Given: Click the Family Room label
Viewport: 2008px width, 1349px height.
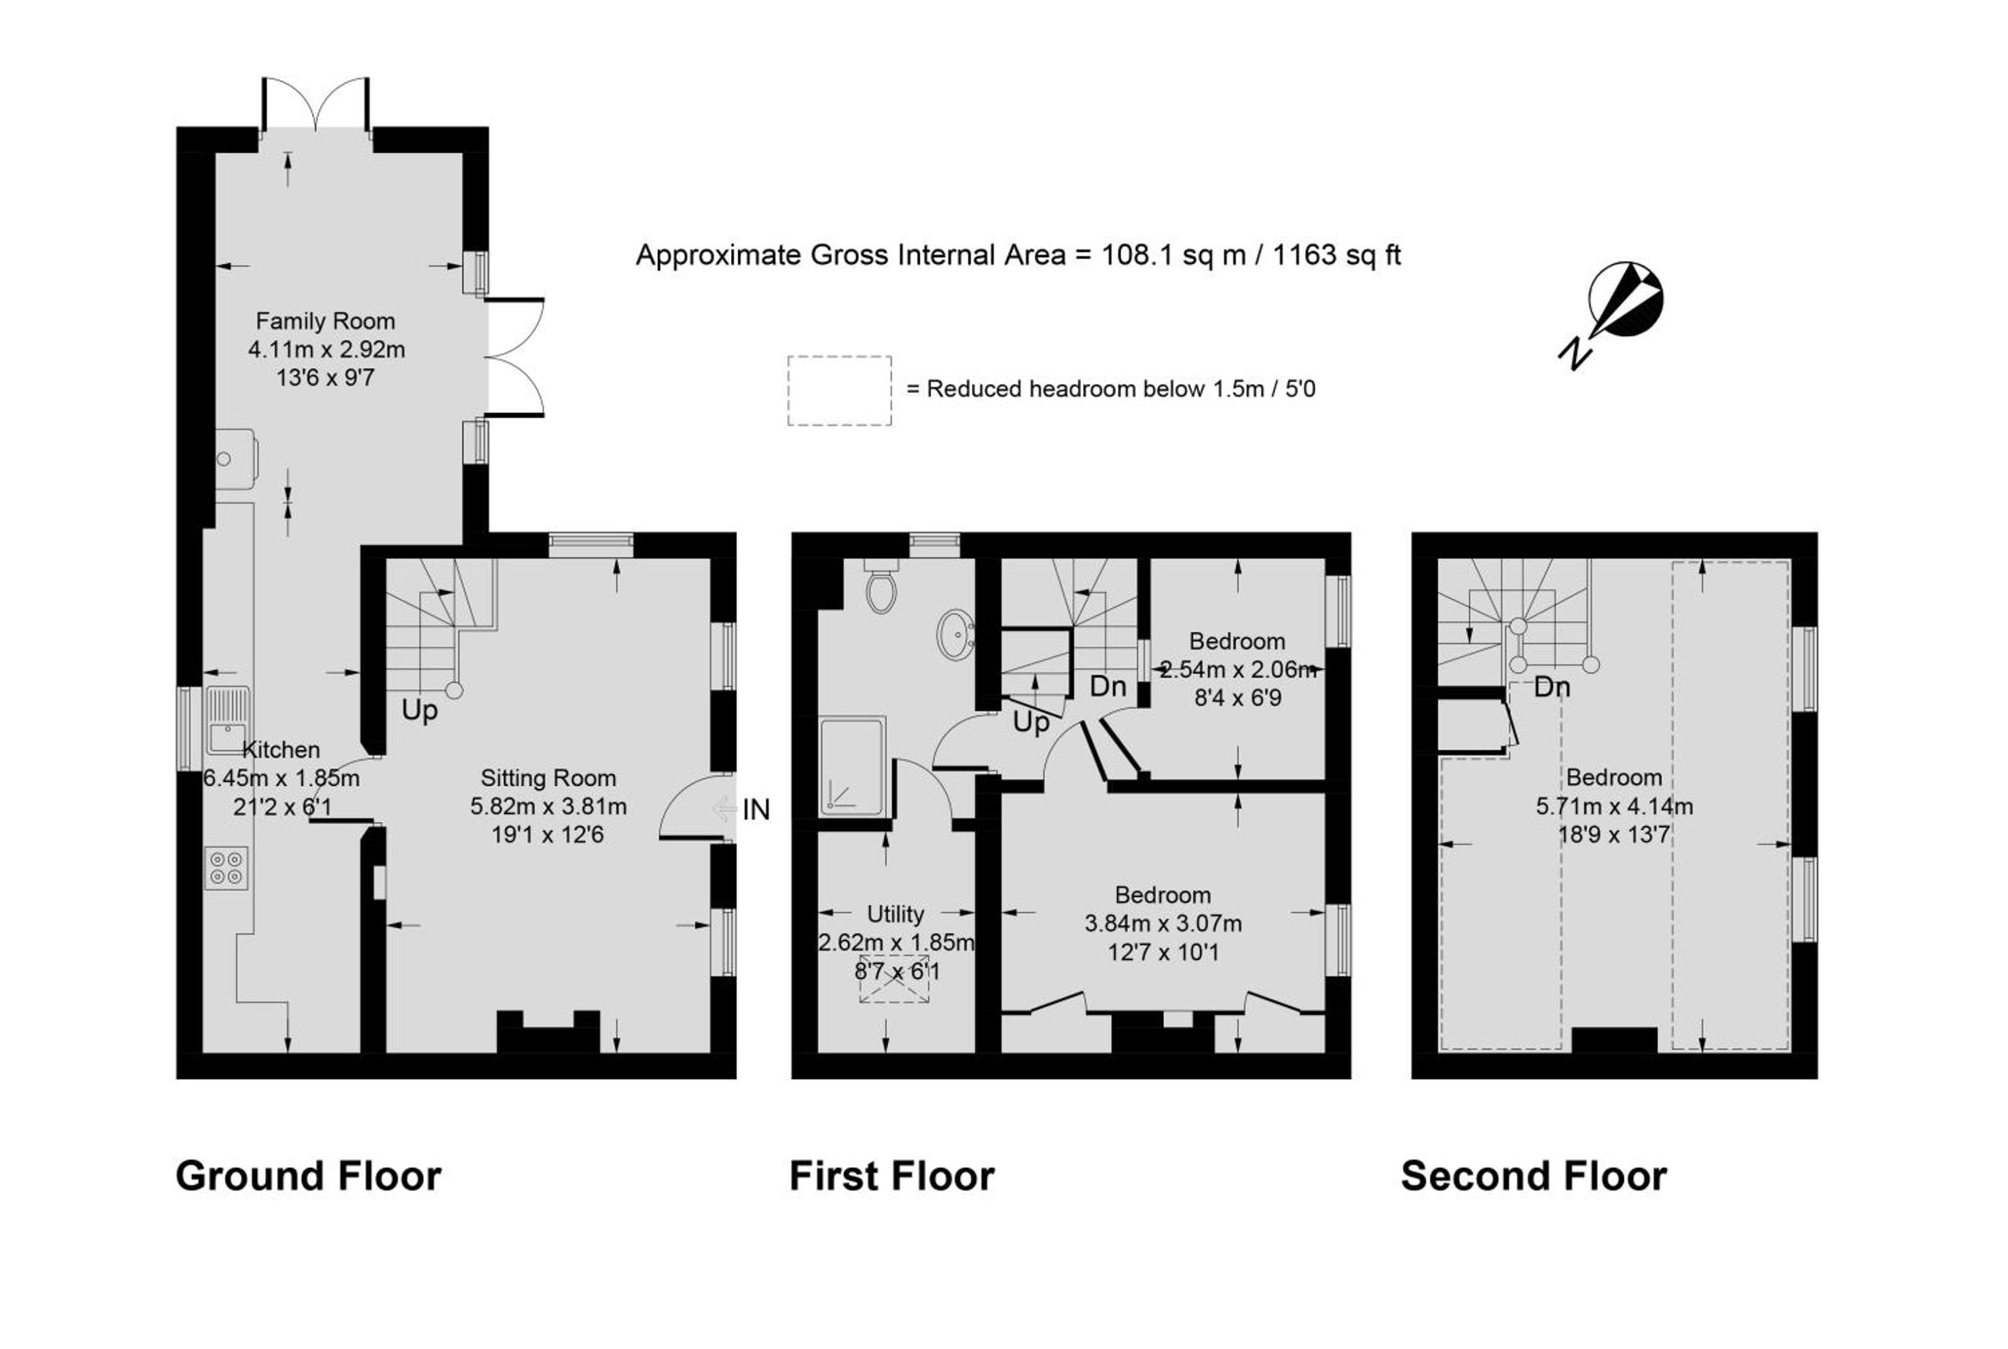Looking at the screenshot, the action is click(326, 322).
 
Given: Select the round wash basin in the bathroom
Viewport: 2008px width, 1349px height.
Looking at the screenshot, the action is click(956, 635).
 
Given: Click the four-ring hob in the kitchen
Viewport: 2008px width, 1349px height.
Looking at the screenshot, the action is click(226, 867).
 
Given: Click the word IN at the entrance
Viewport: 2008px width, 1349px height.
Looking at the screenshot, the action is click(755, 809).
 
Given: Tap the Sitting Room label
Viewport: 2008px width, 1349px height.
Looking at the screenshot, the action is click(548, 779).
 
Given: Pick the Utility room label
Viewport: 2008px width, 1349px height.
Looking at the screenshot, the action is click(896, 914).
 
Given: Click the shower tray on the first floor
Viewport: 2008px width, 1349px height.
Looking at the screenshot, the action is click(852, 766).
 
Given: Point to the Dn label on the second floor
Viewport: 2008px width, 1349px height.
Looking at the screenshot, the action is click(1552, 687).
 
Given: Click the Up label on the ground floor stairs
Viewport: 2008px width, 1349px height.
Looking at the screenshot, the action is click(420, 711).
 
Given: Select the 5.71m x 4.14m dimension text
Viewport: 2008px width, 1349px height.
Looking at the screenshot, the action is click(1614, 806).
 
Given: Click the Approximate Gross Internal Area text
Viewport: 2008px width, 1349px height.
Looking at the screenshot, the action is click(1019, 256).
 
